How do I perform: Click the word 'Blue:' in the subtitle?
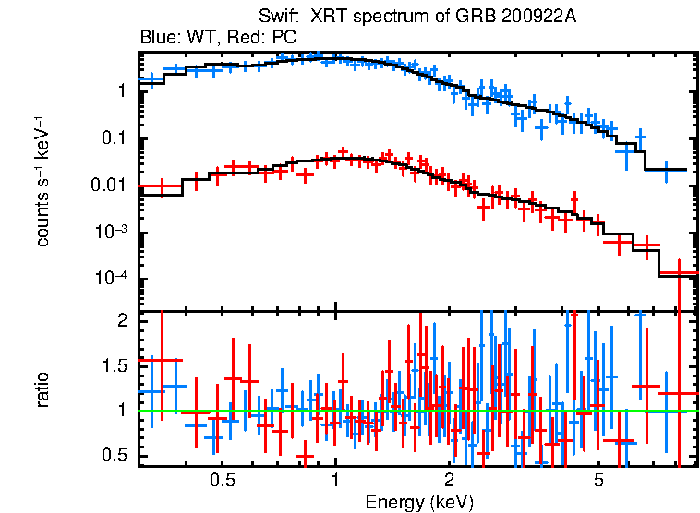(158, 38)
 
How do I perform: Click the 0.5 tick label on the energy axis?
(221, 482)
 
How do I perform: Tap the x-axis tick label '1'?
(335, 482)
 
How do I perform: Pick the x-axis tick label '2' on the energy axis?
(449, 482)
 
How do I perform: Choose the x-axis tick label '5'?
(598, 482)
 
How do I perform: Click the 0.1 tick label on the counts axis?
(115, 139)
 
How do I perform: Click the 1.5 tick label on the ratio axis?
(115, 365)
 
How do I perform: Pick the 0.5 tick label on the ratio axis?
(115, 456)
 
